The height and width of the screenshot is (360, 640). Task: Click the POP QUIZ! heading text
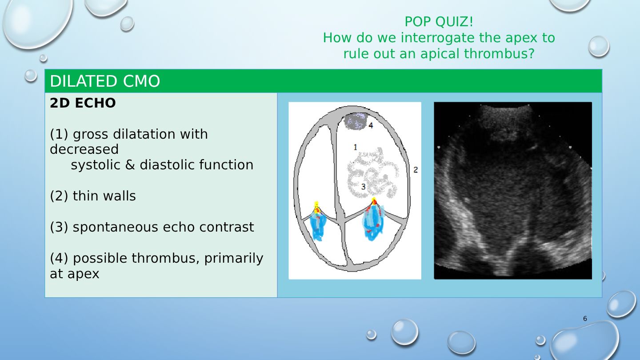[x=439, y=22]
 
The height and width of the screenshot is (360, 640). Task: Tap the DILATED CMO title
[x=105, y=81]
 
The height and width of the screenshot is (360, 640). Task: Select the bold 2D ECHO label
[x=83, y=103]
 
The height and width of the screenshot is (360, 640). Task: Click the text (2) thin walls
[x=93, y=196]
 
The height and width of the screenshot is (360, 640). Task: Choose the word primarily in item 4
[x=233, y=259]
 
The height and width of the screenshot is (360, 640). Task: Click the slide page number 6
[x=585, y=319]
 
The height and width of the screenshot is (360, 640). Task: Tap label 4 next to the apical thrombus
[x=371, y=125]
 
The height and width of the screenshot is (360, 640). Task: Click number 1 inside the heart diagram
[x=355, y=147]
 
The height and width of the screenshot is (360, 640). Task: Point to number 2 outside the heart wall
[x=416, y=170]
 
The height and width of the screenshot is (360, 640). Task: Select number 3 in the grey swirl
[x=363, y=187]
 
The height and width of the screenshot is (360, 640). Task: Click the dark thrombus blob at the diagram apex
[x=356, y=121]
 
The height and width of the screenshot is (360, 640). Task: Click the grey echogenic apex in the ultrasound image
[x=505, y=123]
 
